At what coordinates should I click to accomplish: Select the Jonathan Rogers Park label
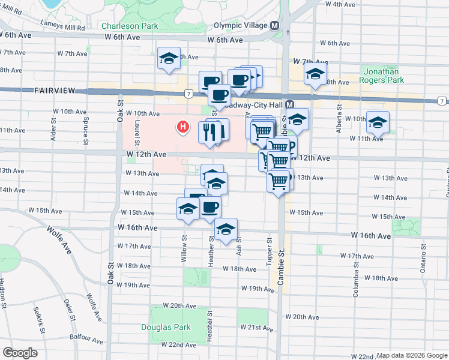click(x=382, y=75)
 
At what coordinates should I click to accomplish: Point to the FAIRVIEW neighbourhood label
click(x=54, y=91)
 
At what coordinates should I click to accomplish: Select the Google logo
click(x=20, y=353)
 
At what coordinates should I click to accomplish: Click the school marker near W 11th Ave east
click(x=377, y=124)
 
